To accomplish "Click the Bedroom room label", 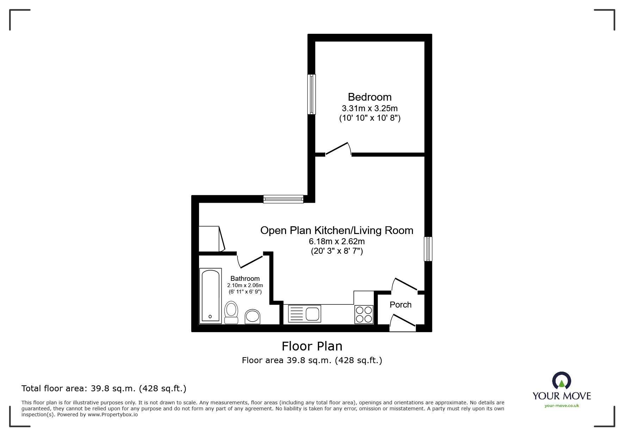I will click(x=370, y=97).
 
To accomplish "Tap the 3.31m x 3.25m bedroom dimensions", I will click(x=370, y=108).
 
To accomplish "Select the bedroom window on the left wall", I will click(x=311, y=94).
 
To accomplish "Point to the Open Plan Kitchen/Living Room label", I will click(x=336, y=230).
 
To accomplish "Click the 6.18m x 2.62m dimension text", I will click(x=336, y=241).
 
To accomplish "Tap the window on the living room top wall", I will click(x=283, y=199).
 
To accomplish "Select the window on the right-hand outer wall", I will click(x=428, y=249).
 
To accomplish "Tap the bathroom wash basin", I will click(x=253, y=316).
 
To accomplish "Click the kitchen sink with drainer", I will click(x=304, y=314).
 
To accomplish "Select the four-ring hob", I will click(x=364, y=314).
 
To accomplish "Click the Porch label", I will click(x=400, y=305).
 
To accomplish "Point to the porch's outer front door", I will click(x=403, y=323).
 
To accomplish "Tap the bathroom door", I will click(x=249, y=261).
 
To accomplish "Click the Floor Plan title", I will click(x=312, y=346).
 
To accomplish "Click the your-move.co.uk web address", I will click(x=562, y=405).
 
